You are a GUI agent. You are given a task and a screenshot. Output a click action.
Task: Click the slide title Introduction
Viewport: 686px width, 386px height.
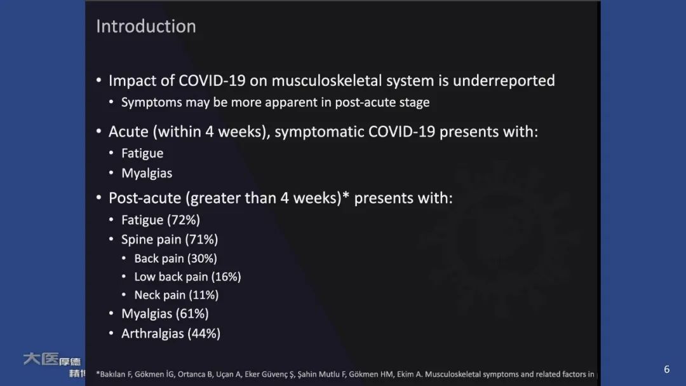[145, 26]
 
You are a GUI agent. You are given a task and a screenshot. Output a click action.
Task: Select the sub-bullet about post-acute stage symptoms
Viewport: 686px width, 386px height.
[275, 102]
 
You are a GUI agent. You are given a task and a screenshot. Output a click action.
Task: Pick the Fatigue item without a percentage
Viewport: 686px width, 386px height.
[142, 153]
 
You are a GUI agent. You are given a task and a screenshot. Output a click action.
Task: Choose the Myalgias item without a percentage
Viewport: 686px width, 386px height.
[147, 173]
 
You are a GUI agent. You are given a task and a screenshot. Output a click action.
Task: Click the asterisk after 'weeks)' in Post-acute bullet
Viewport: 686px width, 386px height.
[346, 196]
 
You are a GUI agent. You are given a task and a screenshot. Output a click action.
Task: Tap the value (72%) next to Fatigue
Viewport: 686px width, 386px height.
[184, 220]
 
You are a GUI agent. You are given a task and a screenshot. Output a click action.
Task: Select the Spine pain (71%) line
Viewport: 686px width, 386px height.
[170, 240]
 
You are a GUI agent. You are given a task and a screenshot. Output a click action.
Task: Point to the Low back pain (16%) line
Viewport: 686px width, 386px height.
[187, 277]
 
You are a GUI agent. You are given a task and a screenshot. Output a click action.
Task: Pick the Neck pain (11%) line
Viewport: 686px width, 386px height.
[176, 295]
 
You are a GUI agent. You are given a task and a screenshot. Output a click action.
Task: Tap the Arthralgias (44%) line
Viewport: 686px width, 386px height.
[171, 333]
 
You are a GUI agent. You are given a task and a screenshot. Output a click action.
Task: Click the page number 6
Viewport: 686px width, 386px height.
[666, 369]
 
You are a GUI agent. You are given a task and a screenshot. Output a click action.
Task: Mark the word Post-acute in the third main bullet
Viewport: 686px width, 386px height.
[145, 198]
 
